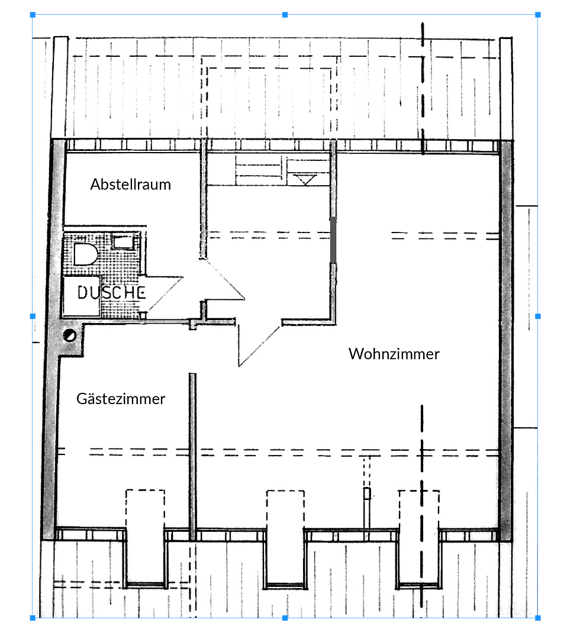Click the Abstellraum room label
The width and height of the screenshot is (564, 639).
(130, 185)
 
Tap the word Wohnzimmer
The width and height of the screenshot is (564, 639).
(394, 354)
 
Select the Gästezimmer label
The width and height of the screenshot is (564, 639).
(121, 399)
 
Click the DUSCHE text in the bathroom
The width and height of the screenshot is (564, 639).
(111, 292)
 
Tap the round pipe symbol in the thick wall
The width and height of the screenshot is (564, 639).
(70, 335)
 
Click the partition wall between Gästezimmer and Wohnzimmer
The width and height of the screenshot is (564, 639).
(192, 456)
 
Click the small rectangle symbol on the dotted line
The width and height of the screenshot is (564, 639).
(368, 493)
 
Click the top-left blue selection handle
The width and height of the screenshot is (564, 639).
(33, 14)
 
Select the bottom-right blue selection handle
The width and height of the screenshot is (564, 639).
(537, 618)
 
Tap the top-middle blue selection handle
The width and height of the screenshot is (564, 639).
(285, 14)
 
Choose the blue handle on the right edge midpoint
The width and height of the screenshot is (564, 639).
(537, 316)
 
